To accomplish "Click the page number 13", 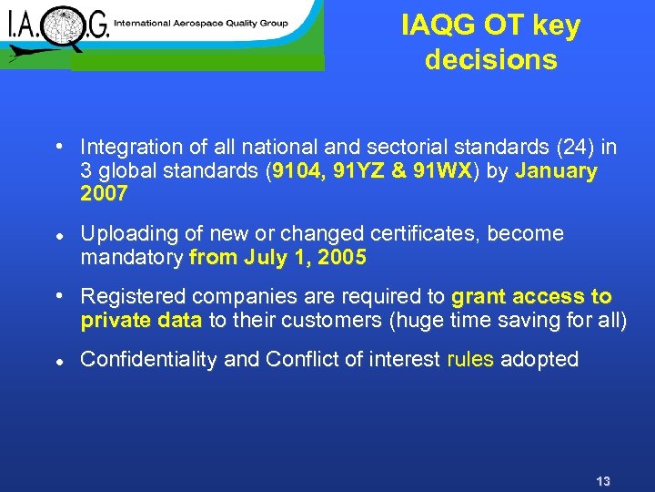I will coord(602,481).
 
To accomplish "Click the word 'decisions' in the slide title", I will coord(490,60).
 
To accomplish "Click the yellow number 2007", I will coord(104,194).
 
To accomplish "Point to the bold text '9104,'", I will coord(300,171).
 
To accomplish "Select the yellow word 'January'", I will coord(556,171).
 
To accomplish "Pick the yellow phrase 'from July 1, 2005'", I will coord(277,258).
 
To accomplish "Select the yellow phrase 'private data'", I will coord(142,321).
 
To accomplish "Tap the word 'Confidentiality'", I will coord(149,360).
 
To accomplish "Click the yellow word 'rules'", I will coord(470,360).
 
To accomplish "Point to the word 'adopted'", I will coord(539,360).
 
